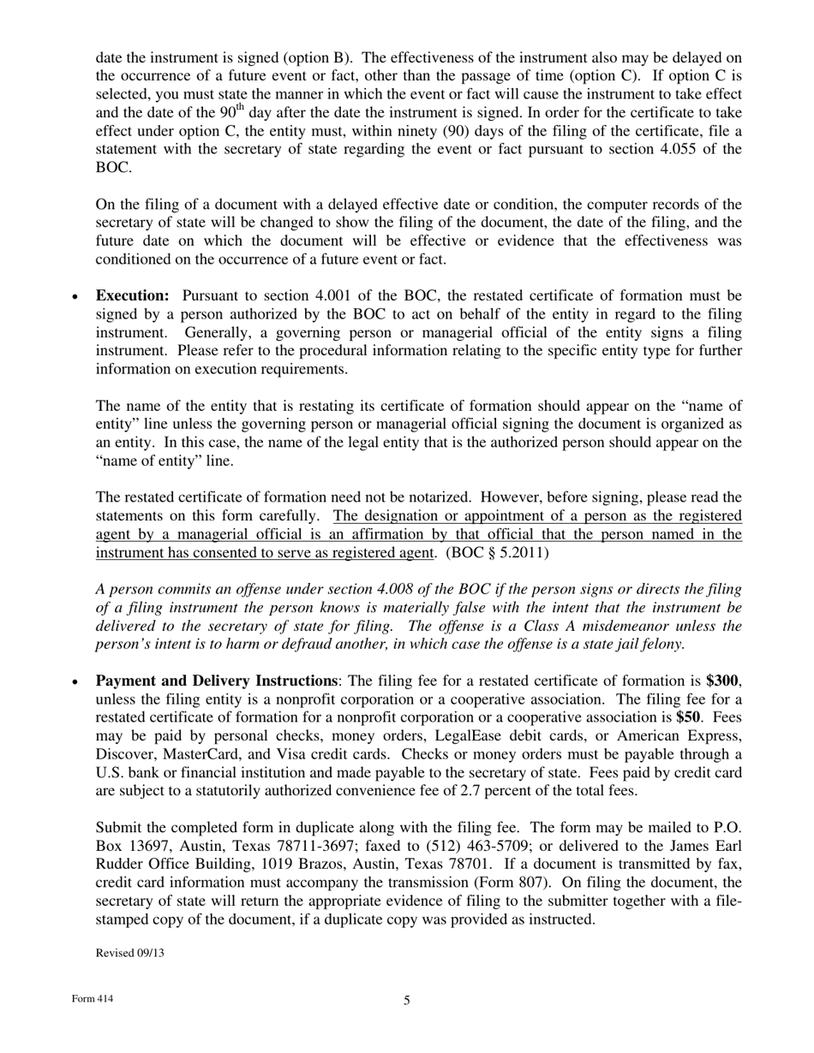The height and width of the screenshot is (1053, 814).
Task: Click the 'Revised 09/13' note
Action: pos(129,953)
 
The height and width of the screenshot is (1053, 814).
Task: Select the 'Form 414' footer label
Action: pos(93,999)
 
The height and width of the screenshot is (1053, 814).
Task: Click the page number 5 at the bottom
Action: pos(407,1001)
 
